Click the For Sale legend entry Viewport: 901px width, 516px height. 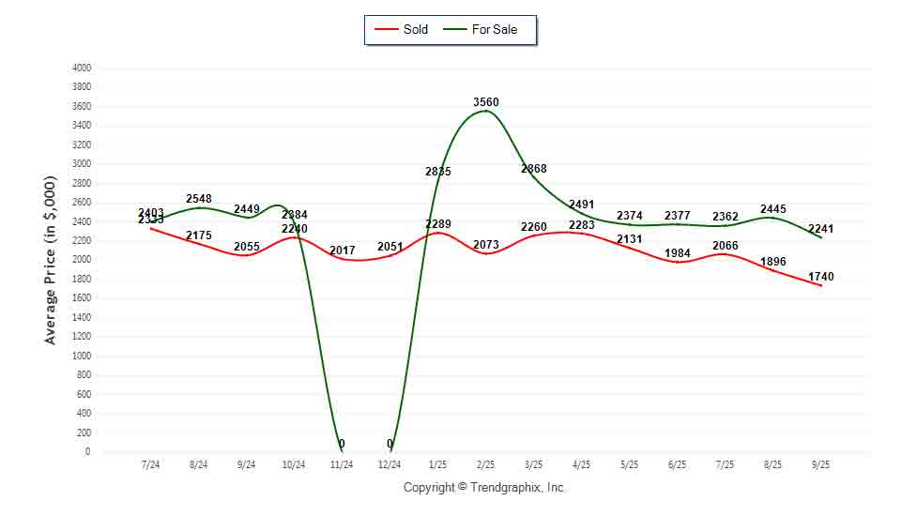[x=494, y=29]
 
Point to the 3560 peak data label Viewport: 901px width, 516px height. [x=486, y=101]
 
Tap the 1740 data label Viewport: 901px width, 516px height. [x=820, y=277]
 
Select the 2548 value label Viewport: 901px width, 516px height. [x=199, y=199]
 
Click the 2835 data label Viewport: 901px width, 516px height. [x=438, y=172]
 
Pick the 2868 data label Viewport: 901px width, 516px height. [x=534, y=169]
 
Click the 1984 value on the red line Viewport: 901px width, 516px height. [x=677, y=253]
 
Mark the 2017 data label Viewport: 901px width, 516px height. [x=343, y=250]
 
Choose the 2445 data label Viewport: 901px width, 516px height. [x=773, y=209]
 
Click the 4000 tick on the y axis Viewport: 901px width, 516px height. [x=82, y=68]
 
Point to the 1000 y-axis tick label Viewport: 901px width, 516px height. [x=82, y=357]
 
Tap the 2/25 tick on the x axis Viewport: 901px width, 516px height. [x=486, y=464]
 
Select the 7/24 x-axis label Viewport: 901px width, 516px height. [x=150, y=464]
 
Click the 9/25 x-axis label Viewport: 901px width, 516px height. [x=821, y=464]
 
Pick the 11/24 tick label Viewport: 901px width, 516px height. [x=343, y=464]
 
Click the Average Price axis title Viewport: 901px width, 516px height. [x=51, y=260]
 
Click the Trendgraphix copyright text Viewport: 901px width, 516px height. [x=485, y=488]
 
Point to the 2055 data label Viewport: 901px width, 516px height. [x=247, y=245]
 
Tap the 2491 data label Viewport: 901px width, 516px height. [x=582, y=205]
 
